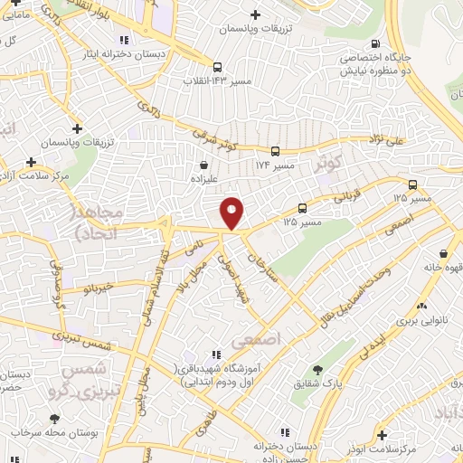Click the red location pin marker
(232, 213)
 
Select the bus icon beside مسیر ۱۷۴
(275, 152)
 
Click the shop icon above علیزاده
(204, 165)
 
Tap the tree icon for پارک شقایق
(317, 370)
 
